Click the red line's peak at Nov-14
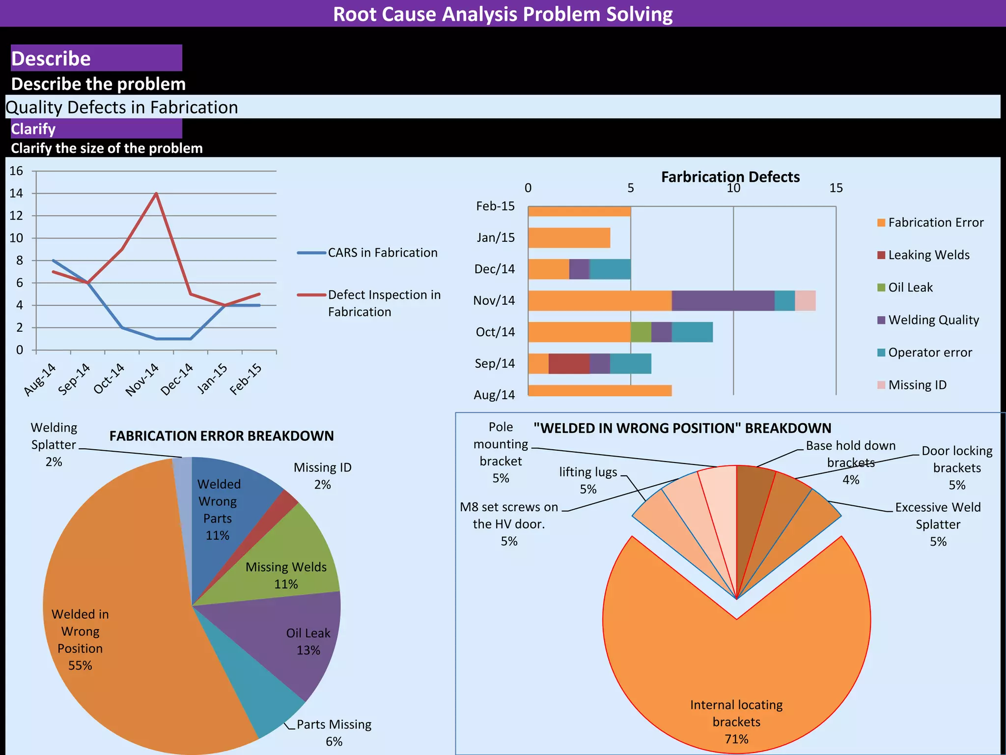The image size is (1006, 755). pos(156,194)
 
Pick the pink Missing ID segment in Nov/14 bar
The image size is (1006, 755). pos(805,301)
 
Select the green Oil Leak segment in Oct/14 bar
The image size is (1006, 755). pos(641,332)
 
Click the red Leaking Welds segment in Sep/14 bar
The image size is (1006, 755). pos(569,364)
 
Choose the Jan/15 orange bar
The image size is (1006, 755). pos(569,238)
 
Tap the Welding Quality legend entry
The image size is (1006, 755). pos(933,320)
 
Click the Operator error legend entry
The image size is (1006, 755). pos(929,352)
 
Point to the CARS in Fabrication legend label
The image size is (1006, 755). pos(382,253)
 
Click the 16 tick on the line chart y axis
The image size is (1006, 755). pos(17,171)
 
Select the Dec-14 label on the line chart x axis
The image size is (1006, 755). pos(176,379)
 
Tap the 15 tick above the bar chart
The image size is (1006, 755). pos(836,188)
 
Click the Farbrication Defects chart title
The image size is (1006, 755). pos(730,177)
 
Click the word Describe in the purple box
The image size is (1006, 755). pos(51,59)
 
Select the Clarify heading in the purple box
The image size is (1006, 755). pos(33,129)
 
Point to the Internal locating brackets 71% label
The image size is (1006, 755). pos(736,722)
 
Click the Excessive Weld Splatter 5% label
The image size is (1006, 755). pos(937,524)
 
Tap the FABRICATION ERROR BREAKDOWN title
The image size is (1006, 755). pos(221,436)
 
